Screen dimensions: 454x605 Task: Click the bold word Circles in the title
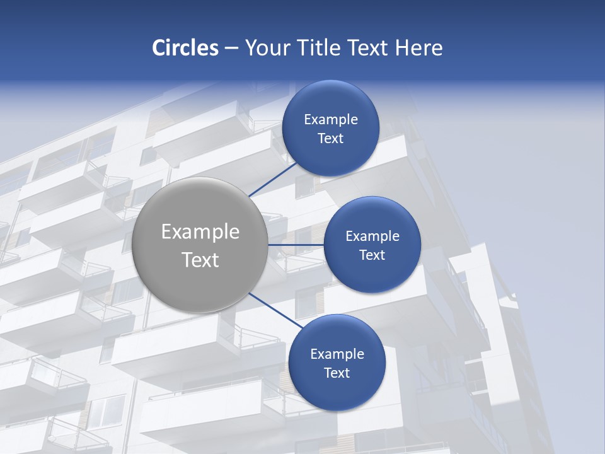pyautogui.click(x=185, y=48)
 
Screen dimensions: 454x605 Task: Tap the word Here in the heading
pyautogui.click(x=418, y=48)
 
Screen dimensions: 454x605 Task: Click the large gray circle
pyautogui.click(x=200, y=245)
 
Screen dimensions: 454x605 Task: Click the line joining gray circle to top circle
pyautogui.click(x=273, y=179)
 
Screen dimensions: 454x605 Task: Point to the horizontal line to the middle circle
pyautogui.click(x=296, y=245)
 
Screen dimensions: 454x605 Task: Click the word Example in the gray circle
pyautogui.click(x=200, y=232)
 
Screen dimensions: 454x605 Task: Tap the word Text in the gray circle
pyautogui.click(x=200, y=260)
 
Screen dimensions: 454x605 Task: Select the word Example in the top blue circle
pyautogui.click(x=331, y=120)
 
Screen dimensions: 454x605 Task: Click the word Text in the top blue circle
pyautogui.click(x=330, y=139)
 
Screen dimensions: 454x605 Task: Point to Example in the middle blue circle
pyautogui.click(x=372, y=236)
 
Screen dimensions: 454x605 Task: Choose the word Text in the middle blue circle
pyautogui.click(x=372, y=255)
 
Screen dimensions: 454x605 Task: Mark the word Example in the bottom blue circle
pyautogui.click(x=337, y=354)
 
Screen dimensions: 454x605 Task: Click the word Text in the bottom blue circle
pyautogui.click(x=337, y=373)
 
